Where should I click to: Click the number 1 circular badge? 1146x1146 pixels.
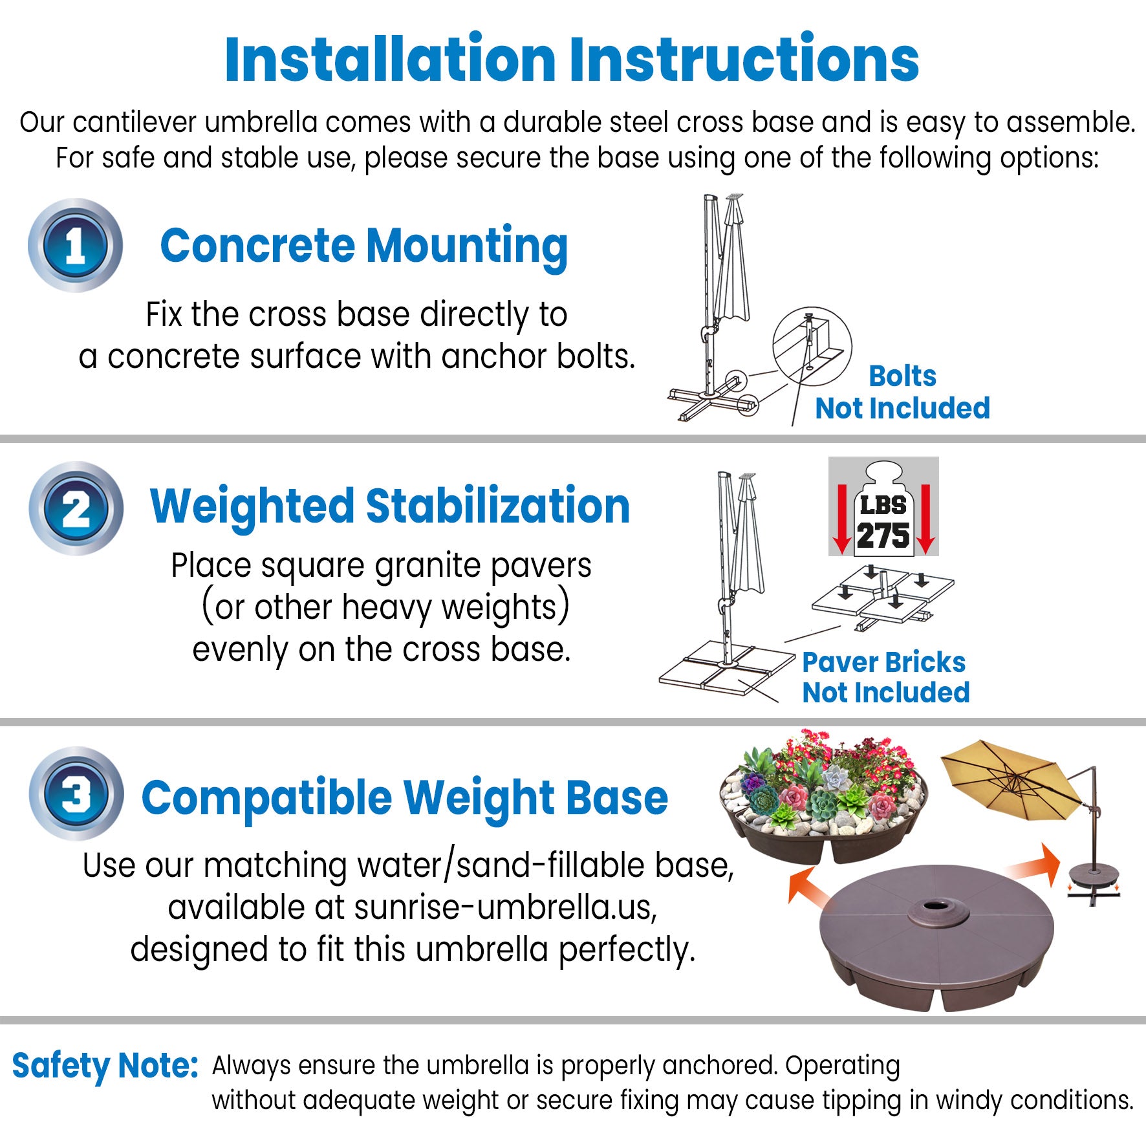(75, 245)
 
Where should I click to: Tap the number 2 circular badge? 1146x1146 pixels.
(76, 508)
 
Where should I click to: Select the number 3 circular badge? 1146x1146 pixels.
(76, 794)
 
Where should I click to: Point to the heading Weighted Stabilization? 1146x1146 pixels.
(390, 508)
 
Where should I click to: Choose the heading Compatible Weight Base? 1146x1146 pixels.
(405, 799)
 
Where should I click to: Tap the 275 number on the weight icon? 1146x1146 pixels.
(883, 535)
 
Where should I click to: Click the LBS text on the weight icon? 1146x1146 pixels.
(883, 505)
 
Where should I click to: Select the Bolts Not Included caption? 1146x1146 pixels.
(903, 392)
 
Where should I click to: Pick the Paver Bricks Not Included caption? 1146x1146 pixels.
(885, 677)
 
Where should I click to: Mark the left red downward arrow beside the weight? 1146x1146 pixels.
(841, 519)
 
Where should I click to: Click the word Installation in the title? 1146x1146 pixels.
(390, 59)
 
